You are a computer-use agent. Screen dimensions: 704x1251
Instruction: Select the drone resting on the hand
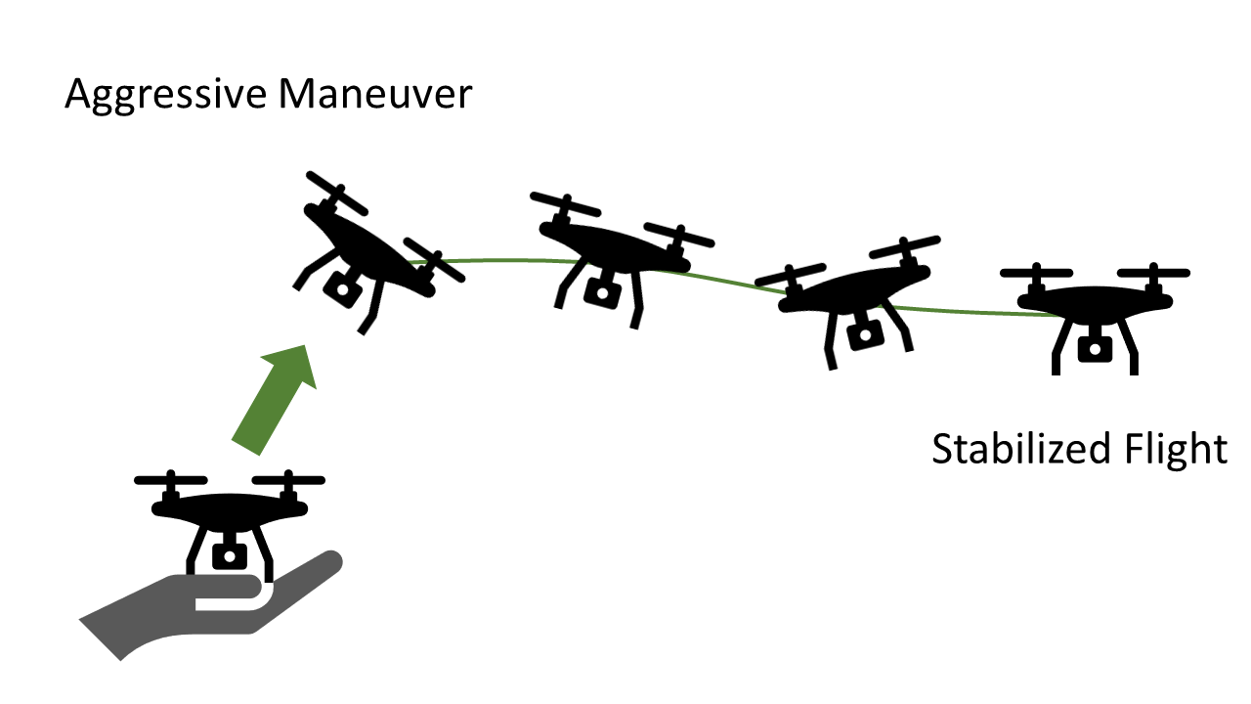230,513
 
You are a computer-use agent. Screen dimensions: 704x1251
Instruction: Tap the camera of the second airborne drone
599,288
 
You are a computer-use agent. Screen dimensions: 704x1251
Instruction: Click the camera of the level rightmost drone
1095,347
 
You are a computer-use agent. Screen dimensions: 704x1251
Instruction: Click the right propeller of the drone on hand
287,481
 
